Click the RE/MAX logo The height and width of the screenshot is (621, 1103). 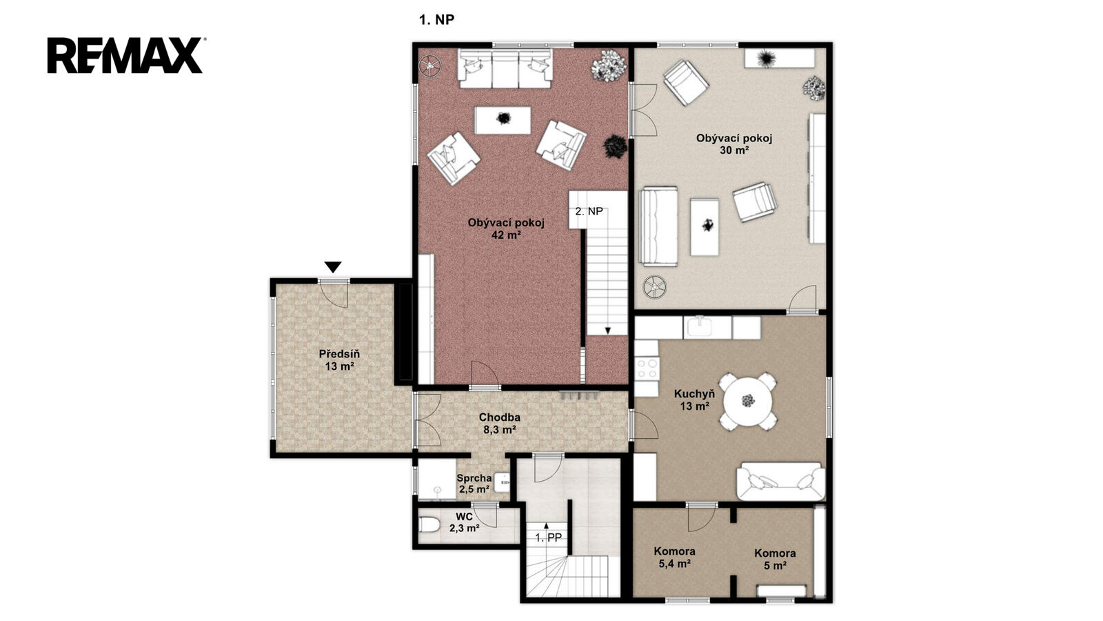(x=125, y=55)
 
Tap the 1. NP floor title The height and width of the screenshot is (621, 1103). (x=436, y=20)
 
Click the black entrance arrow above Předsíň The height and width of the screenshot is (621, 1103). (x=333, y=267)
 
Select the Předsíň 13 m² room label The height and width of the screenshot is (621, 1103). (x=339, y=360)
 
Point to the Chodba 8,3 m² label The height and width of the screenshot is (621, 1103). (x=499, y=424)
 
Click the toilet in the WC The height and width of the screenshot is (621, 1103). (x=428, y=525)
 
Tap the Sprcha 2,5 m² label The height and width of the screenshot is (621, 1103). (x=474, y=484)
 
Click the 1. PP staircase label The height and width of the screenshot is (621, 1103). (x=548, y=538)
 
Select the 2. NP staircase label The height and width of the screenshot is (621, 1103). (x=589, y=211)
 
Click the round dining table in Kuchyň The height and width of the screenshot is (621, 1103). (x=748, y=400)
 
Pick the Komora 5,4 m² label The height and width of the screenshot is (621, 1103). (x=674, y=558)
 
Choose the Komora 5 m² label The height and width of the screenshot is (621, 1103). (x=775, y=560)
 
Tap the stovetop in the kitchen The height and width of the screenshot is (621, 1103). (x=647, y=368)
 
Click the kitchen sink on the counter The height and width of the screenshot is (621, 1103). (x=699, y=327)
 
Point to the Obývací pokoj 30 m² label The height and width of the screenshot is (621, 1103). (x=733, y=144)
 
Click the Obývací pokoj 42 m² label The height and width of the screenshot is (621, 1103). (x=506, y=228)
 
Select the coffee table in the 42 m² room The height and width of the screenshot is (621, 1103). (x=503, y=120)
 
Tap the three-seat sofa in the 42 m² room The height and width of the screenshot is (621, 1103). (x=505, y=68)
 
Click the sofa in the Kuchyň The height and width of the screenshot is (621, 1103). (x=780, y=482)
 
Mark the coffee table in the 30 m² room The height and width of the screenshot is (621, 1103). (x=704, y=227)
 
